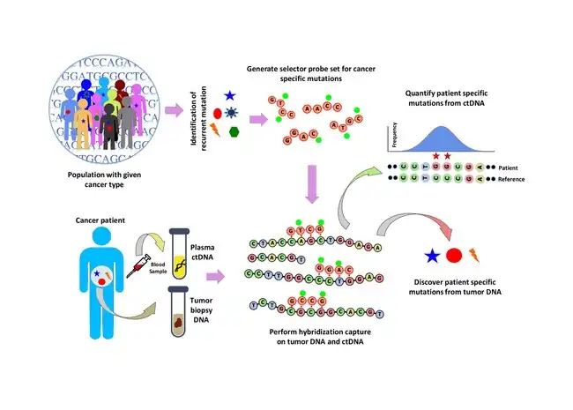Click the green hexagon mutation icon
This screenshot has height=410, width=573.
[x=234, y=131]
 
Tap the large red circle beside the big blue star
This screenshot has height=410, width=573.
[x=454, y=257]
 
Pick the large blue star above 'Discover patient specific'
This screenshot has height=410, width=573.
[x=431, y=257]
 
